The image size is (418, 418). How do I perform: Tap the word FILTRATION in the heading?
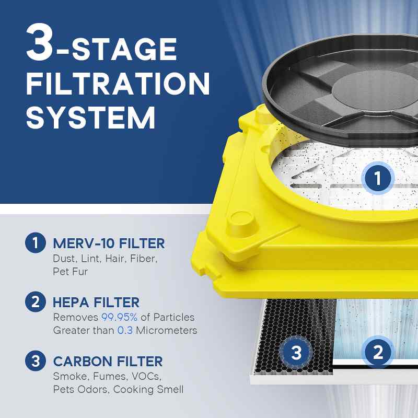point(118,84)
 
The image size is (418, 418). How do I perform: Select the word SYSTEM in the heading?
point(91,118)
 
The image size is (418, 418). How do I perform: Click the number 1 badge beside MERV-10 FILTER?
point(35,243)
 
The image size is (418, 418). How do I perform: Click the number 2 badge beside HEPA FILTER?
point(35,302)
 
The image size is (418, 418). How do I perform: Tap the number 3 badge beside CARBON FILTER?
point(35,361)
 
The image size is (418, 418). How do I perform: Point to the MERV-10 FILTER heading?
point(109,243)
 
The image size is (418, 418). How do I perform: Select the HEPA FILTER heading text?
point(96,302)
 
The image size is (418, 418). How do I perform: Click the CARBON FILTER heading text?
point(108,361)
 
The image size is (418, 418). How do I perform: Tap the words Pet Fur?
point(69,272)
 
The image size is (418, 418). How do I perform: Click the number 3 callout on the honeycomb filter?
point(296,353)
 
